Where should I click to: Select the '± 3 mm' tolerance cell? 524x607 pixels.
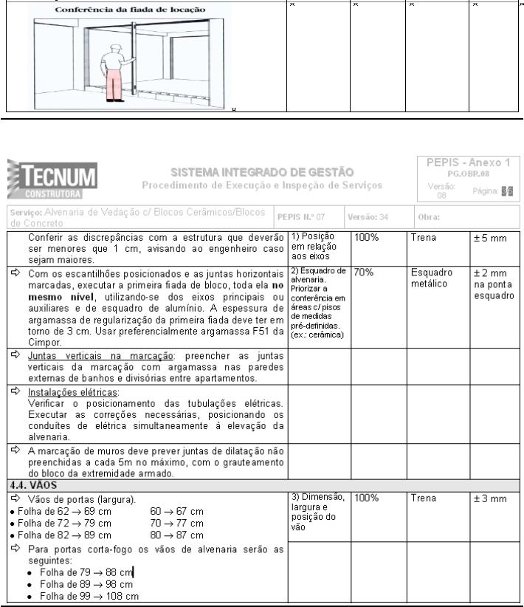tap(489, 499)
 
